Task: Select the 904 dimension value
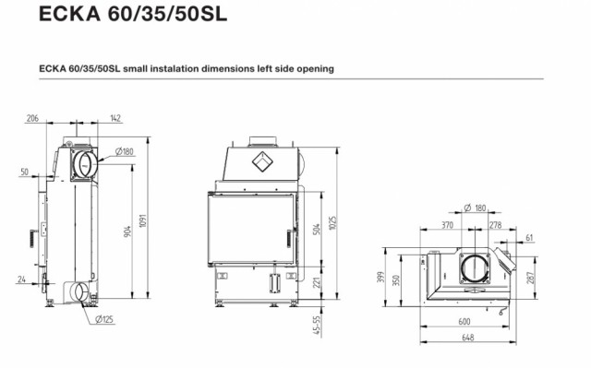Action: click(x=127, y=231)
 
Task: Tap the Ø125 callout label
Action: click(x=104, y=319)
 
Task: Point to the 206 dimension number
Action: click(x=32, y=118)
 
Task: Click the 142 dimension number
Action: click(x=115, y=118)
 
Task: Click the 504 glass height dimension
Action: click(x=317, y=229)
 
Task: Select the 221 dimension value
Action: click(x=317, y=282)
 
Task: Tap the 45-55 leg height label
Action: click(x=317, y=325)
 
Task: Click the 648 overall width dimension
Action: click(x=468, y=338)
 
